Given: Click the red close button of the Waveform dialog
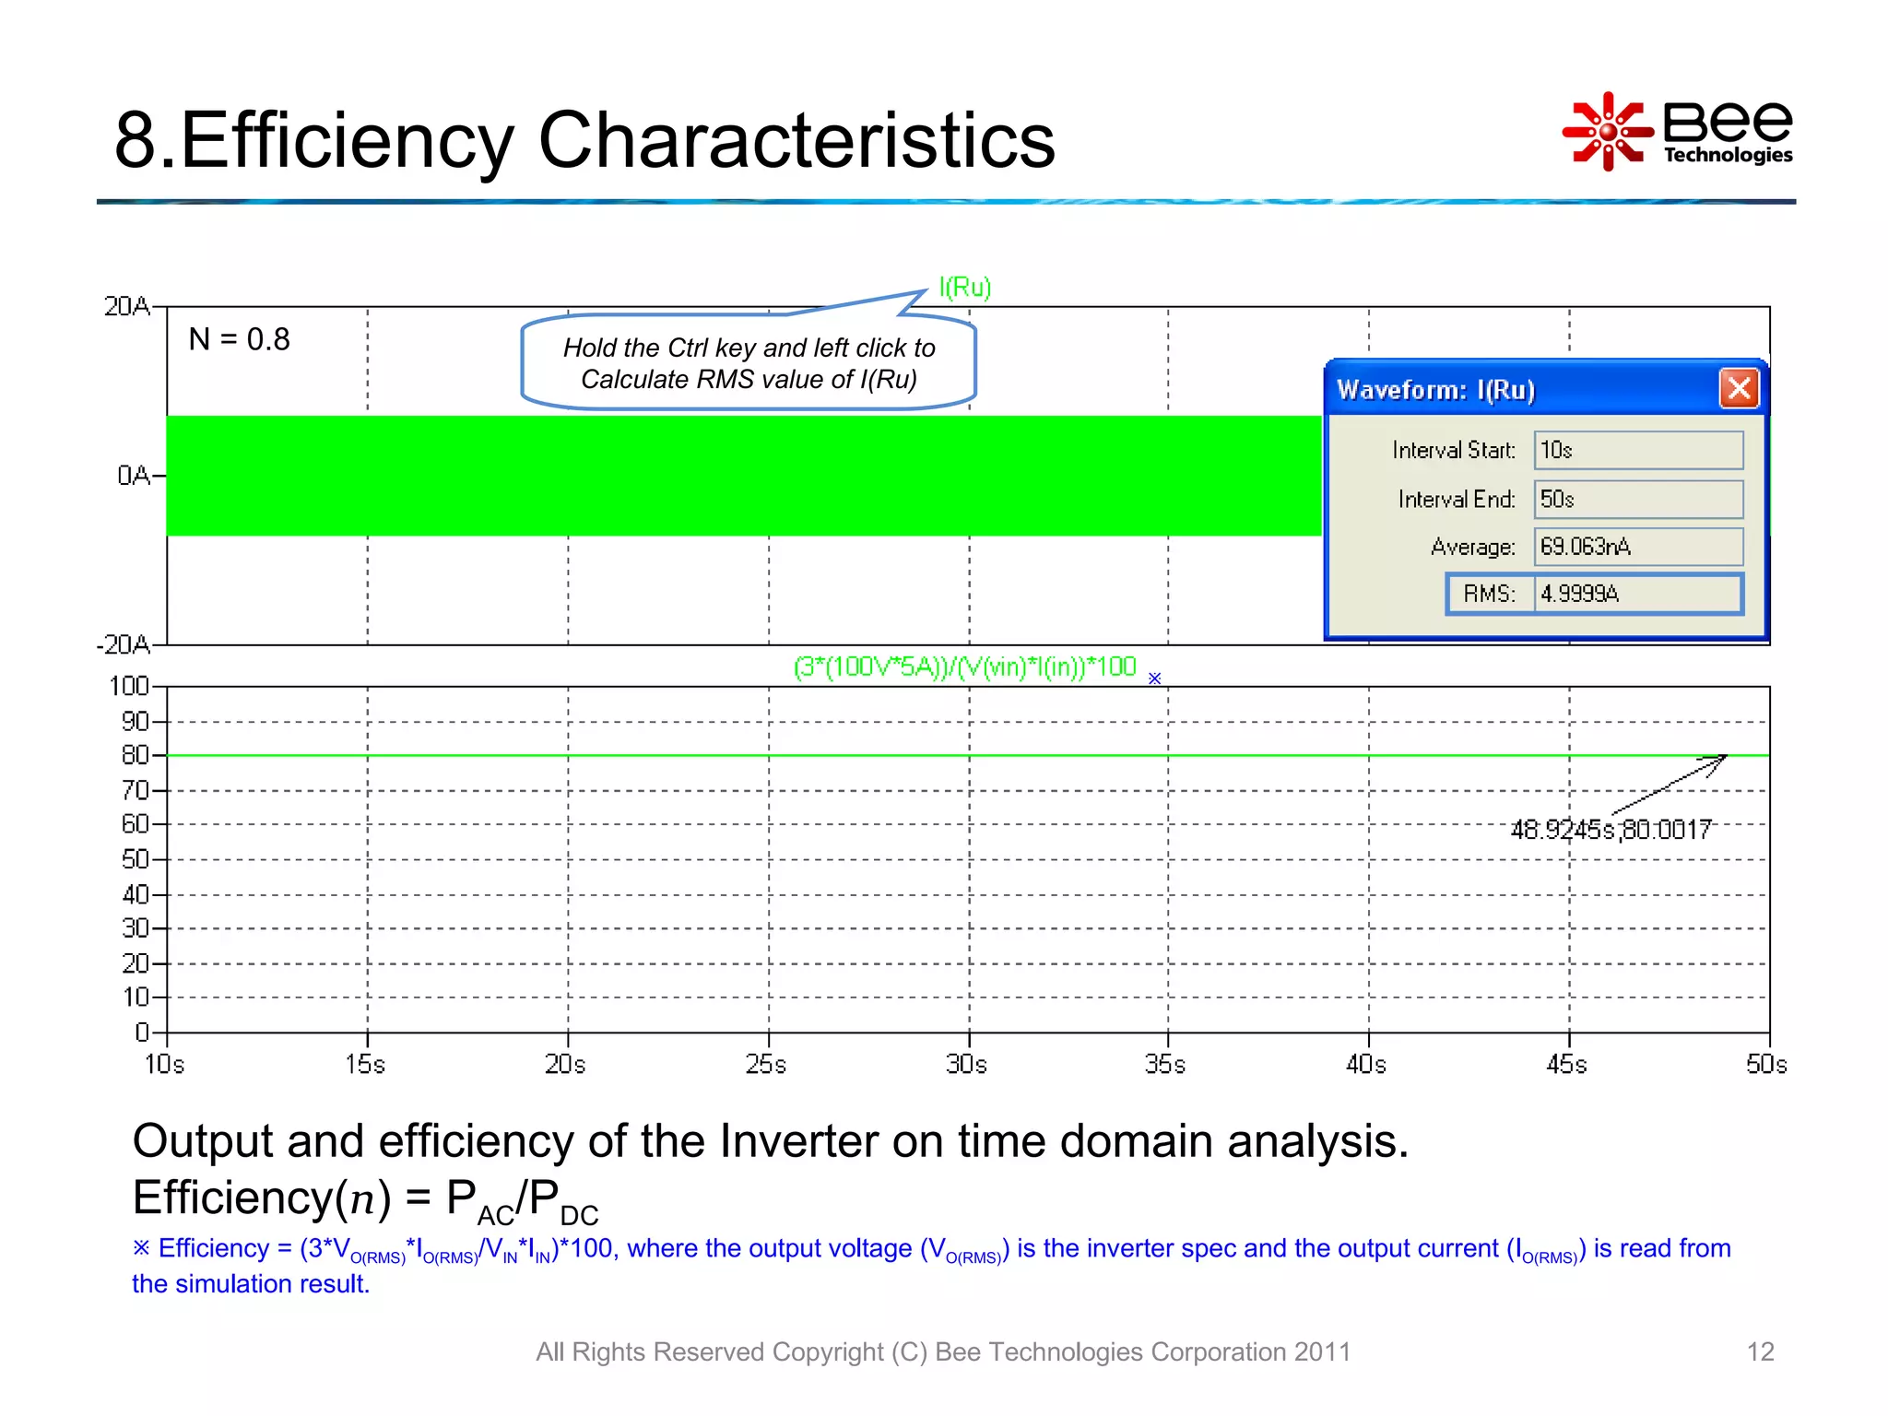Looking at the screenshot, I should pos(1739,388).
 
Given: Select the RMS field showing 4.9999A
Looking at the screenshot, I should pos(1637,594).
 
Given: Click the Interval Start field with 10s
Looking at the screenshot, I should pos(1637,450).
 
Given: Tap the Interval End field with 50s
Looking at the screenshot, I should pos(1637,499).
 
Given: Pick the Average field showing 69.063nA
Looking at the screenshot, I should pos(1637,547).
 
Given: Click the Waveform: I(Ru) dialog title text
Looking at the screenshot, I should pos(1435,390).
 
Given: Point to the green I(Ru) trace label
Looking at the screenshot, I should pos(964,288).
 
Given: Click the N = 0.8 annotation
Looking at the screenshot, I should pos(239,339).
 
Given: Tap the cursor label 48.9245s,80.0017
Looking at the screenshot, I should pos(1611,830).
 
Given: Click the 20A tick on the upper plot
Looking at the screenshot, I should pos(126,306).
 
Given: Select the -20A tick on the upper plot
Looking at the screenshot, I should pos(123,644).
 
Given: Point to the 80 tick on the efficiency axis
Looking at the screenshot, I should pos(135,755).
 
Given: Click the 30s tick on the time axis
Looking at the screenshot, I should pos(966,1065).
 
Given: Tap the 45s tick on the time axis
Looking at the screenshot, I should pos(1567,1065).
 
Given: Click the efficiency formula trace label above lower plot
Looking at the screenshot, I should pos(964,667).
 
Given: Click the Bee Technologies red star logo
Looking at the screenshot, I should pos(1608,131).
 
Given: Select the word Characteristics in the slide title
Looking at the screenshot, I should pos(796,140).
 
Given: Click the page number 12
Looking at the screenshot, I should pos(1760,1351).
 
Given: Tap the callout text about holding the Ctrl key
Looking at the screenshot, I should pos(749,363).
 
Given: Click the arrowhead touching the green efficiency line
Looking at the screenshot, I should pos(1720,759).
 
